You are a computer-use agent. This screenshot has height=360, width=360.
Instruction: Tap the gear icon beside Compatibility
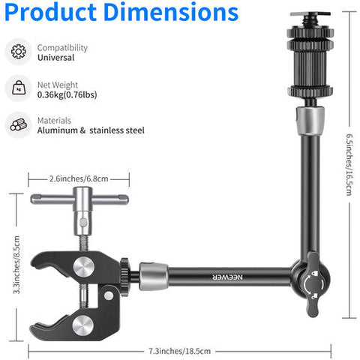click(x=19, y=51)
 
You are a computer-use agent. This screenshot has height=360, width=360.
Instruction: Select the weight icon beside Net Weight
click(x=19, y=88)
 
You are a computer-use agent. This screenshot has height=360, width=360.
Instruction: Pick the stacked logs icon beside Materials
click(x=19, y=124)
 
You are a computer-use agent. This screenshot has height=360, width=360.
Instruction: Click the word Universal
click(x=55, y=58)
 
